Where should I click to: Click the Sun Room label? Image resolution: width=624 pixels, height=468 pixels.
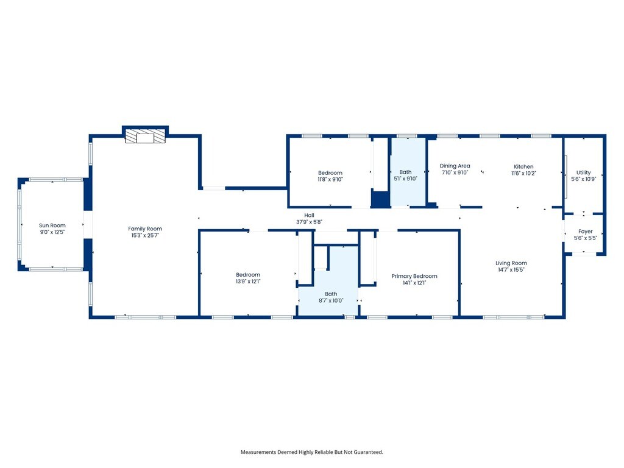[52, 225]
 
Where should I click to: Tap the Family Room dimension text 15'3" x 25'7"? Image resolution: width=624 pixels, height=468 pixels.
[145, 235]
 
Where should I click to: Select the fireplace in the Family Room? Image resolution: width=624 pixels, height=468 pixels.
[145, 136]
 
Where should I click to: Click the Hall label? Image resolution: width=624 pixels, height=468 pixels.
[309, 215]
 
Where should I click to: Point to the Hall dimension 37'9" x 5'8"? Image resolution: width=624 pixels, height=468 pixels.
[309, 222]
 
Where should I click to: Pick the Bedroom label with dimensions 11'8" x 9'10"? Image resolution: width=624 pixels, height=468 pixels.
[330, 172]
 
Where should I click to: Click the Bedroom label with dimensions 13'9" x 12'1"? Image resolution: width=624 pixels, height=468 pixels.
[248, 275]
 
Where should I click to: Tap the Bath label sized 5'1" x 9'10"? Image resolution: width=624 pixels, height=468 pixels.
[405, 172]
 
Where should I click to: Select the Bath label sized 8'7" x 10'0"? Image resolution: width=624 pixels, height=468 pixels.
[331, 294]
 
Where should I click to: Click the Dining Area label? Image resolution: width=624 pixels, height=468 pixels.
[455, 166]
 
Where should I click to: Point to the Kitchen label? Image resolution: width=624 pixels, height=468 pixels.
[523, 166]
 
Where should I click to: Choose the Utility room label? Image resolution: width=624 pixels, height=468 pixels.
[583, 172]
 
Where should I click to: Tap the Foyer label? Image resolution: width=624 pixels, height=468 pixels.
[586, 231]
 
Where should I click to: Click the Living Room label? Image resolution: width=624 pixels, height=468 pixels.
[511, 263]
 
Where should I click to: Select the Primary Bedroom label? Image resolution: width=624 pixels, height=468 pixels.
[414, 276]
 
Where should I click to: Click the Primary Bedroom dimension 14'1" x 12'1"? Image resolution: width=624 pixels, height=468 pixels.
[414, 283]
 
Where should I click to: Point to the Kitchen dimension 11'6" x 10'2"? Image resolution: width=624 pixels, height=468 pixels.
[523, 173]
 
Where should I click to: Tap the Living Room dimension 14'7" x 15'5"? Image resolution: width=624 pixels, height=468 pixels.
[511, 270]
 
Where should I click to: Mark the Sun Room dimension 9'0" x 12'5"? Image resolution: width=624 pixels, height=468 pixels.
[52, 232]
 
